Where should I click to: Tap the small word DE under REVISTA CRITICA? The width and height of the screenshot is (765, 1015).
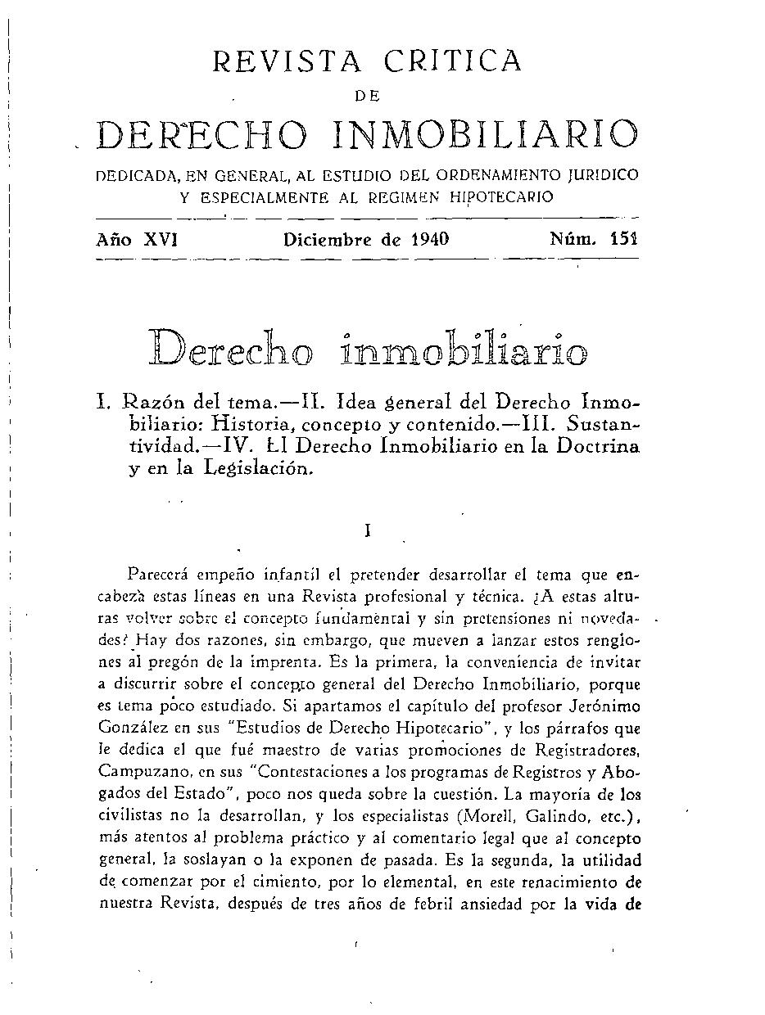click(366, 97)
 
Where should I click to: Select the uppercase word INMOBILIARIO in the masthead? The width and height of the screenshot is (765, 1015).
click(486, 135)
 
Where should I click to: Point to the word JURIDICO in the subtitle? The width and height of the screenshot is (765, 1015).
click(603, 175)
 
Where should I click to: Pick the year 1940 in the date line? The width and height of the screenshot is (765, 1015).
click(422, 240)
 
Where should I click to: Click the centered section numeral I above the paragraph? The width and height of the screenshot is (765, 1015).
click(369, 530)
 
